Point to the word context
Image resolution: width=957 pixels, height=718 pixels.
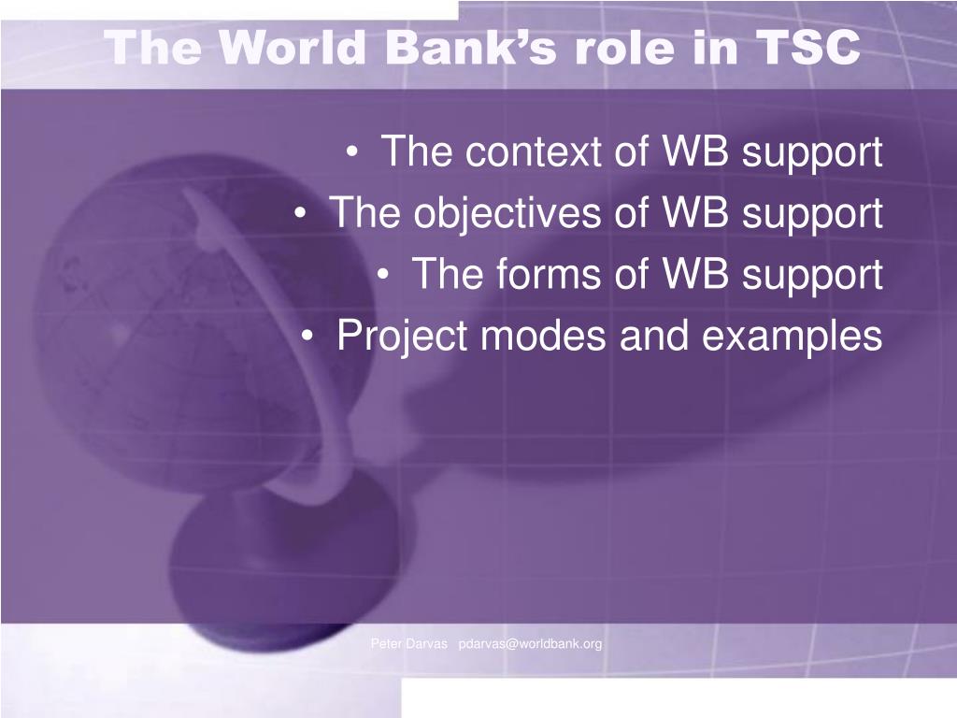533,151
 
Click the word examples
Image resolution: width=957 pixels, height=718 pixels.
792,336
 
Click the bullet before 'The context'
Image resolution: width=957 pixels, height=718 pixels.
351,152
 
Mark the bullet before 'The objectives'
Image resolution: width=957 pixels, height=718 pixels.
300,214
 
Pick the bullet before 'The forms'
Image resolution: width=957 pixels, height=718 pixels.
382,275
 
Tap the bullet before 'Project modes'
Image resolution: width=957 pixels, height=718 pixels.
307,337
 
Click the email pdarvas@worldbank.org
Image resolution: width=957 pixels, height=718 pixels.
530,643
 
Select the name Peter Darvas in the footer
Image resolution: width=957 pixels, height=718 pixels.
409,643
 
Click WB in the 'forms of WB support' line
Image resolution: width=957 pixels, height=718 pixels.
695,273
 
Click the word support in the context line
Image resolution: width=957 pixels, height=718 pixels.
812,152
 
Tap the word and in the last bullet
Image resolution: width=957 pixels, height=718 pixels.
653,336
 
